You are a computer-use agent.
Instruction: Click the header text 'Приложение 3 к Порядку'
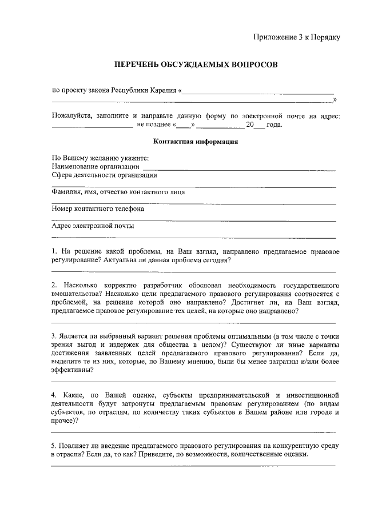296,38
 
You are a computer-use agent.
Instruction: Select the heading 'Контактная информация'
196,142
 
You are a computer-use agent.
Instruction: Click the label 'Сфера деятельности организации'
104,175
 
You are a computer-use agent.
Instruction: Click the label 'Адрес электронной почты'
93,226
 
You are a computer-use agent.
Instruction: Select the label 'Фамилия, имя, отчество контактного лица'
118,192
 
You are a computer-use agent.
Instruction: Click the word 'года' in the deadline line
274,125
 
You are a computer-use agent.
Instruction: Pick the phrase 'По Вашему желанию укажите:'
100,158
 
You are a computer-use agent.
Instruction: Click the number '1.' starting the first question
54,251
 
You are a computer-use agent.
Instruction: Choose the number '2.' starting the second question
54,284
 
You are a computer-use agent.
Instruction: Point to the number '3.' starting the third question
54,335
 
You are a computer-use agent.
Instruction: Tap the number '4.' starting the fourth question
54,395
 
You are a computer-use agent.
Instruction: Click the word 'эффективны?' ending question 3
73,370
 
